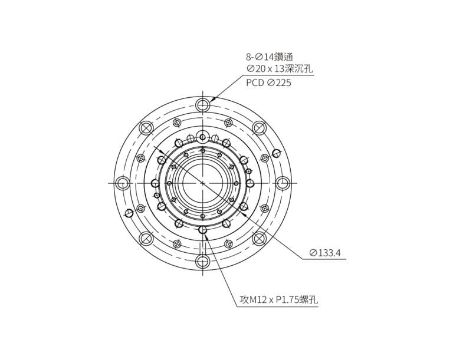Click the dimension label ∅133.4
coord(325,253)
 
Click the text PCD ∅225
coord(268,83)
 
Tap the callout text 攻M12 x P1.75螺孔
coord(279,300)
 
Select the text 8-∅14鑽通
coord(270,57)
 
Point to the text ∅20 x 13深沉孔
coord(280,69)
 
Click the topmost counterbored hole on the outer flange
coord(203,105)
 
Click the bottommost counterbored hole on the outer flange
coord(203,262)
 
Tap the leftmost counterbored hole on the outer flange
coord(123,183)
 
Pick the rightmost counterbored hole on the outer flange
coord(283,183)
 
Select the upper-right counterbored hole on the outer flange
coord(259,128)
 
